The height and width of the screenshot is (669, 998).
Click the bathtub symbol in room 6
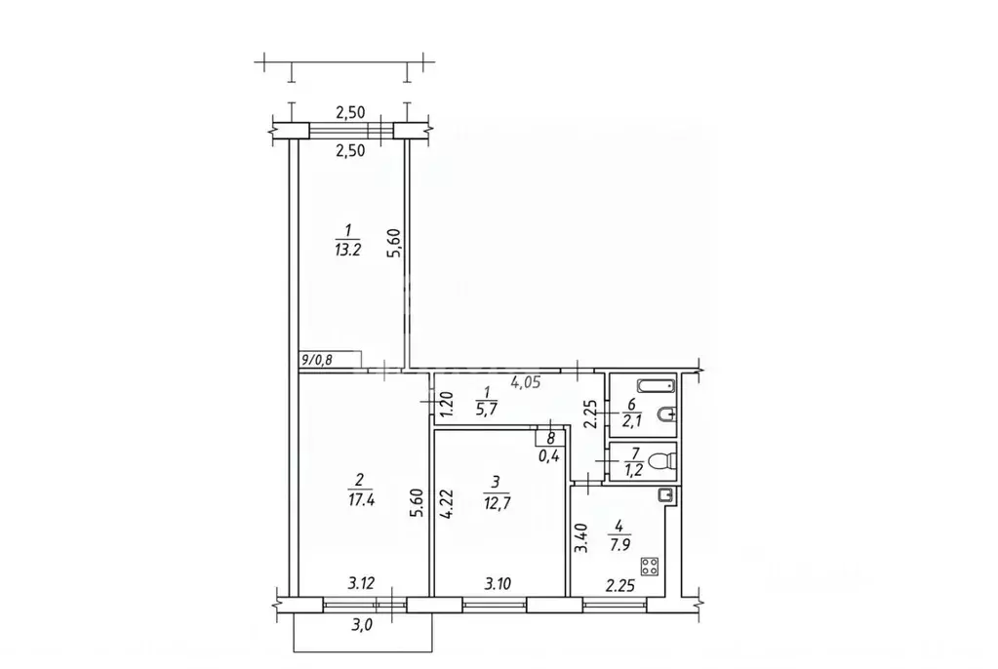[x=656, y=386]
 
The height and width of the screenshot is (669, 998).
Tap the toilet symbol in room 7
[x=663, y=461]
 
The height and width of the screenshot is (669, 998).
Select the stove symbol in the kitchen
[x=650, y=567]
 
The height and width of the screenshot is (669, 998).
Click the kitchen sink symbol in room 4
[x=664, y=494]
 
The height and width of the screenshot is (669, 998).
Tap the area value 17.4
[x=361, y=499]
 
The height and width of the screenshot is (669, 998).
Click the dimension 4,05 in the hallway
[x=526, y=382]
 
